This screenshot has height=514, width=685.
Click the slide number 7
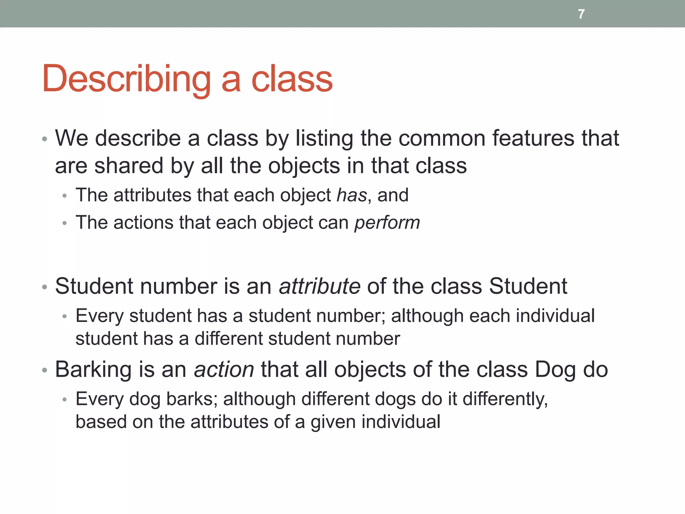(x=581, y=14)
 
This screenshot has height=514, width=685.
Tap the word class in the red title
(x=292, y=79)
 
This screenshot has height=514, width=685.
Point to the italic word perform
(x=387, y=223)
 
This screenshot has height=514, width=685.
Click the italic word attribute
(x=320, y=286)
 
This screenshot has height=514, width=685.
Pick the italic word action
(x=224, y=370)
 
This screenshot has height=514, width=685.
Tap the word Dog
(x=556, y=370)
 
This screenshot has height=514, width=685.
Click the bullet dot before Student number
(x=45, y=287)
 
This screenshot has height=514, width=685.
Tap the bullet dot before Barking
(x=45, y=370)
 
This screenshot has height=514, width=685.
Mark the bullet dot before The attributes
(x=65, y=196)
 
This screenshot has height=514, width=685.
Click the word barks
(x=192, y=399)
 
